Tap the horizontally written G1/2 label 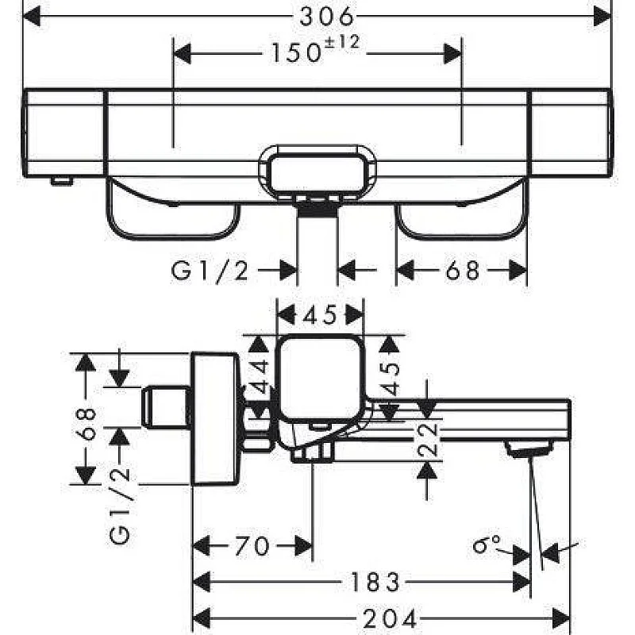tap(210, 271)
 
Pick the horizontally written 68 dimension tap(462, 271)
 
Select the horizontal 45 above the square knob tap(319, 315)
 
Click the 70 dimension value tap(252, 546)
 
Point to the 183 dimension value tap(372, 583)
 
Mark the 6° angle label tap(486, 545)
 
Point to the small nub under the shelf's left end tap(61, 181)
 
